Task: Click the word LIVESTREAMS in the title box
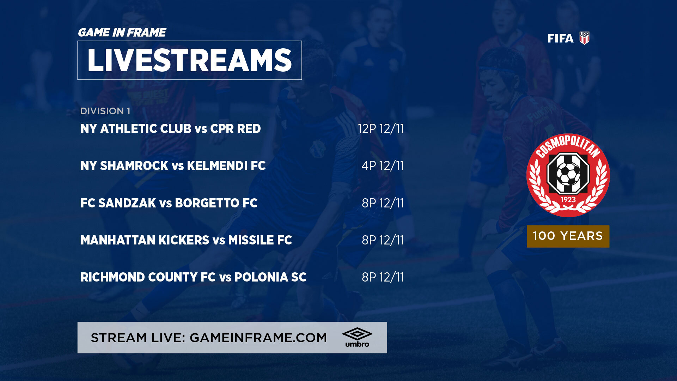189,60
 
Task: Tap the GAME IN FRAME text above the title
122,32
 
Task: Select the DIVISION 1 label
105,111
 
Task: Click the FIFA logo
560,38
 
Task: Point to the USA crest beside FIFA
584,38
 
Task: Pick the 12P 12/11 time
381,129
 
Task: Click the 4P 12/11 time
383,166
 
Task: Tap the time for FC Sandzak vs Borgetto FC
383,203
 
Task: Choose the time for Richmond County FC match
383,277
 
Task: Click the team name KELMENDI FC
226,166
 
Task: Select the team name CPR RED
236,129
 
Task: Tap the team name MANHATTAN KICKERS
145,240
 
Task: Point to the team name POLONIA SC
270,277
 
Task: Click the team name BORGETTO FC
216,203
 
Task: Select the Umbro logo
357,338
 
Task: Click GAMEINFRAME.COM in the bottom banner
258,338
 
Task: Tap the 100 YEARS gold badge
568,236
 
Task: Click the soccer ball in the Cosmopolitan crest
568,174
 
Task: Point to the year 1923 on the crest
568,200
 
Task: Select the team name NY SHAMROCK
124,166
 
